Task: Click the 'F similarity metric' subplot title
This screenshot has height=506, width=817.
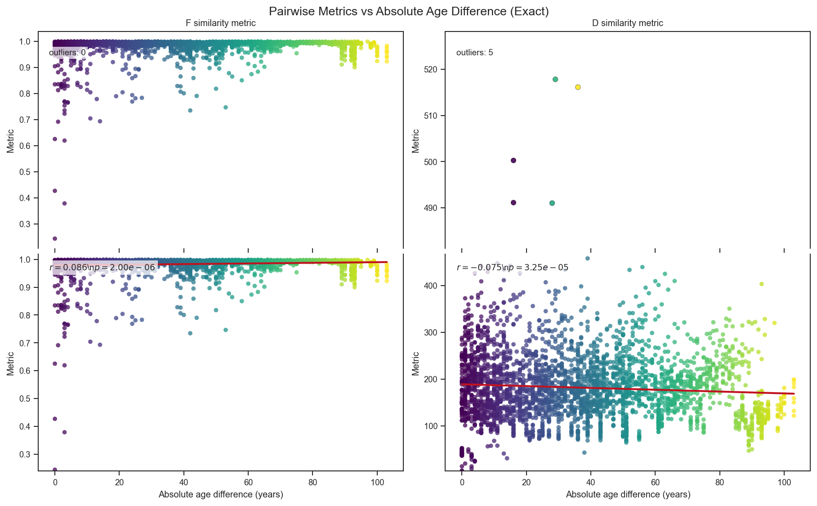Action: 221,23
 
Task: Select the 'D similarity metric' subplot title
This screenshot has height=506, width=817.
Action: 627,23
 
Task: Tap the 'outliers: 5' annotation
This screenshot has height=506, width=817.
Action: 474,53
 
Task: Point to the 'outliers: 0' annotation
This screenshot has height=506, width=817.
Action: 67,53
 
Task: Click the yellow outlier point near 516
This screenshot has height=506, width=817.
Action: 578,87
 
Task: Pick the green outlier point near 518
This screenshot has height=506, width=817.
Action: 555,79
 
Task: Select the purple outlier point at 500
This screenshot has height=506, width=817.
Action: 513,161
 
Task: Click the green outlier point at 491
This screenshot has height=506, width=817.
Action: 552,203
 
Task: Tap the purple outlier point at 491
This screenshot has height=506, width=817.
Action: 513,202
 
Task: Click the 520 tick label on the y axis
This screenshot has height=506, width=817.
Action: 431,69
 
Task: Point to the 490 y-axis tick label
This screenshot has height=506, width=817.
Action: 431,208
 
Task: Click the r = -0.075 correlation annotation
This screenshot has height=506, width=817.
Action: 512,268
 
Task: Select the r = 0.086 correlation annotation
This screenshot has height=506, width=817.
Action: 102,268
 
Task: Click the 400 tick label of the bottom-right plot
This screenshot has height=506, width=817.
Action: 431,286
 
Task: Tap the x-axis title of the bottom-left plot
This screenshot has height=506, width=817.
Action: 221,495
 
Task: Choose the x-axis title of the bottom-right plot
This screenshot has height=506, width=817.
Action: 628,495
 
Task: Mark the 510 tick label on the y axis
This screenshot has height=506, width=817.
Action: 431,116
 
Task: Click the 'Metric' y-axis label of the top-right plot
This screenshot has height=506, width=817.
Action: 416,141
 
